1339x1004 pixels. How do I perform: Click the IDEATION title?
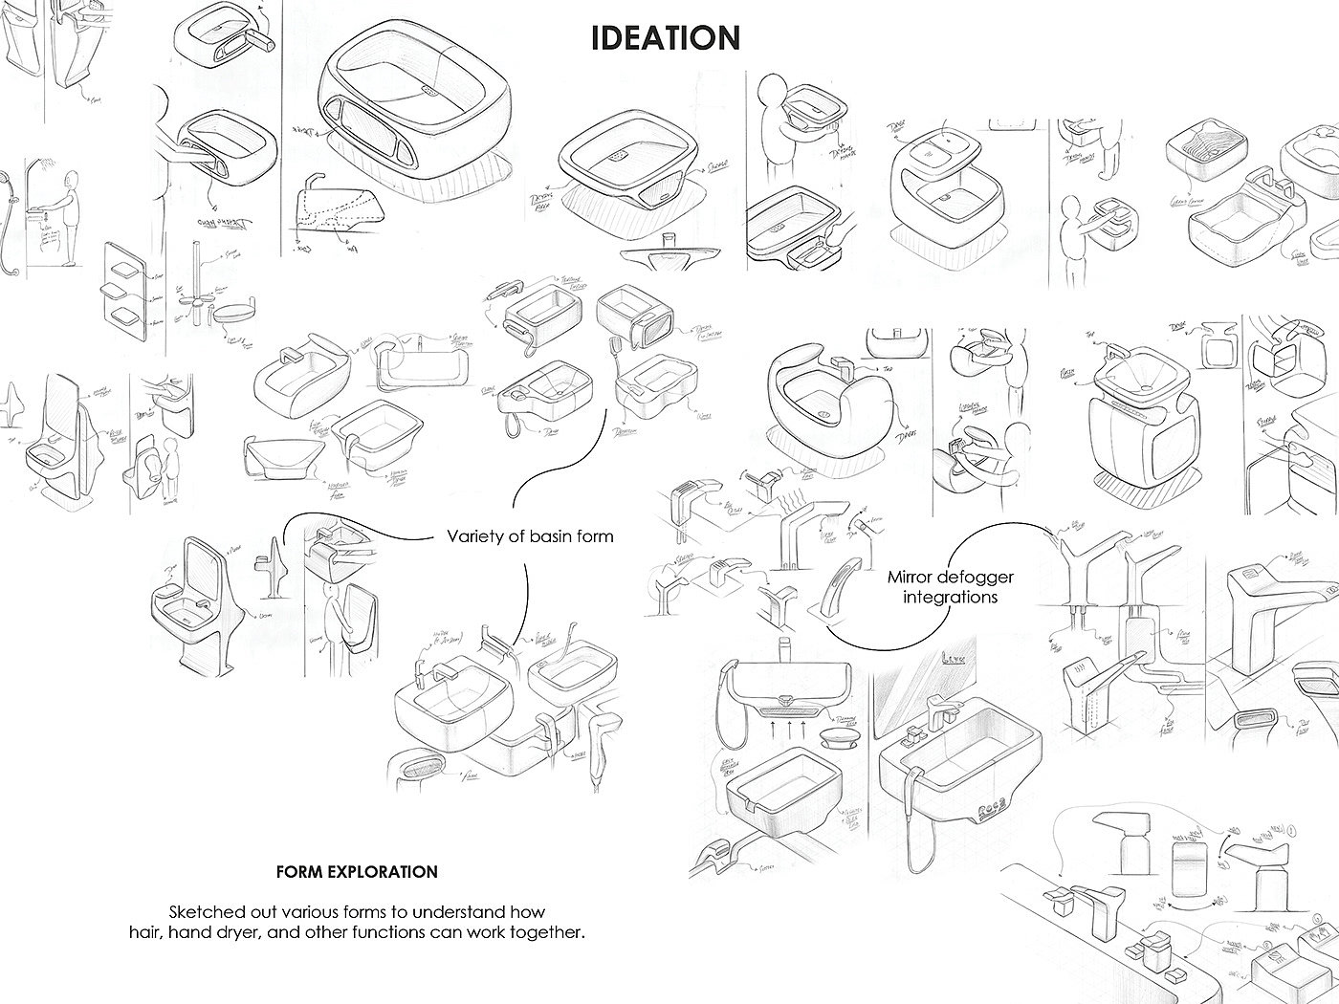pyautogui.click(x=665, y=38)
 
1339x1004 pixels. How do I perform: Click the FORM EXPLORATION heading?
pyautogui.click(x=357, y=872)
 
